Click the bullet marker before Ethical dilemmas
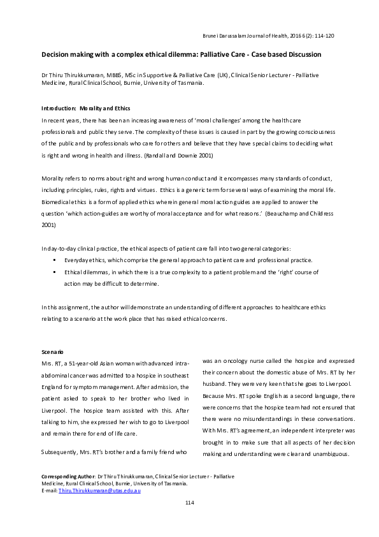[56, 272]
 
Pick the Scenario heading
[52, 351]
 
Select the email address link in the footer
[99, 489]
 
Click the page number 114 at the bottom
[189, 503]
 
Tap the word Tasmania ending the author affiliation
[189, 82]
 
